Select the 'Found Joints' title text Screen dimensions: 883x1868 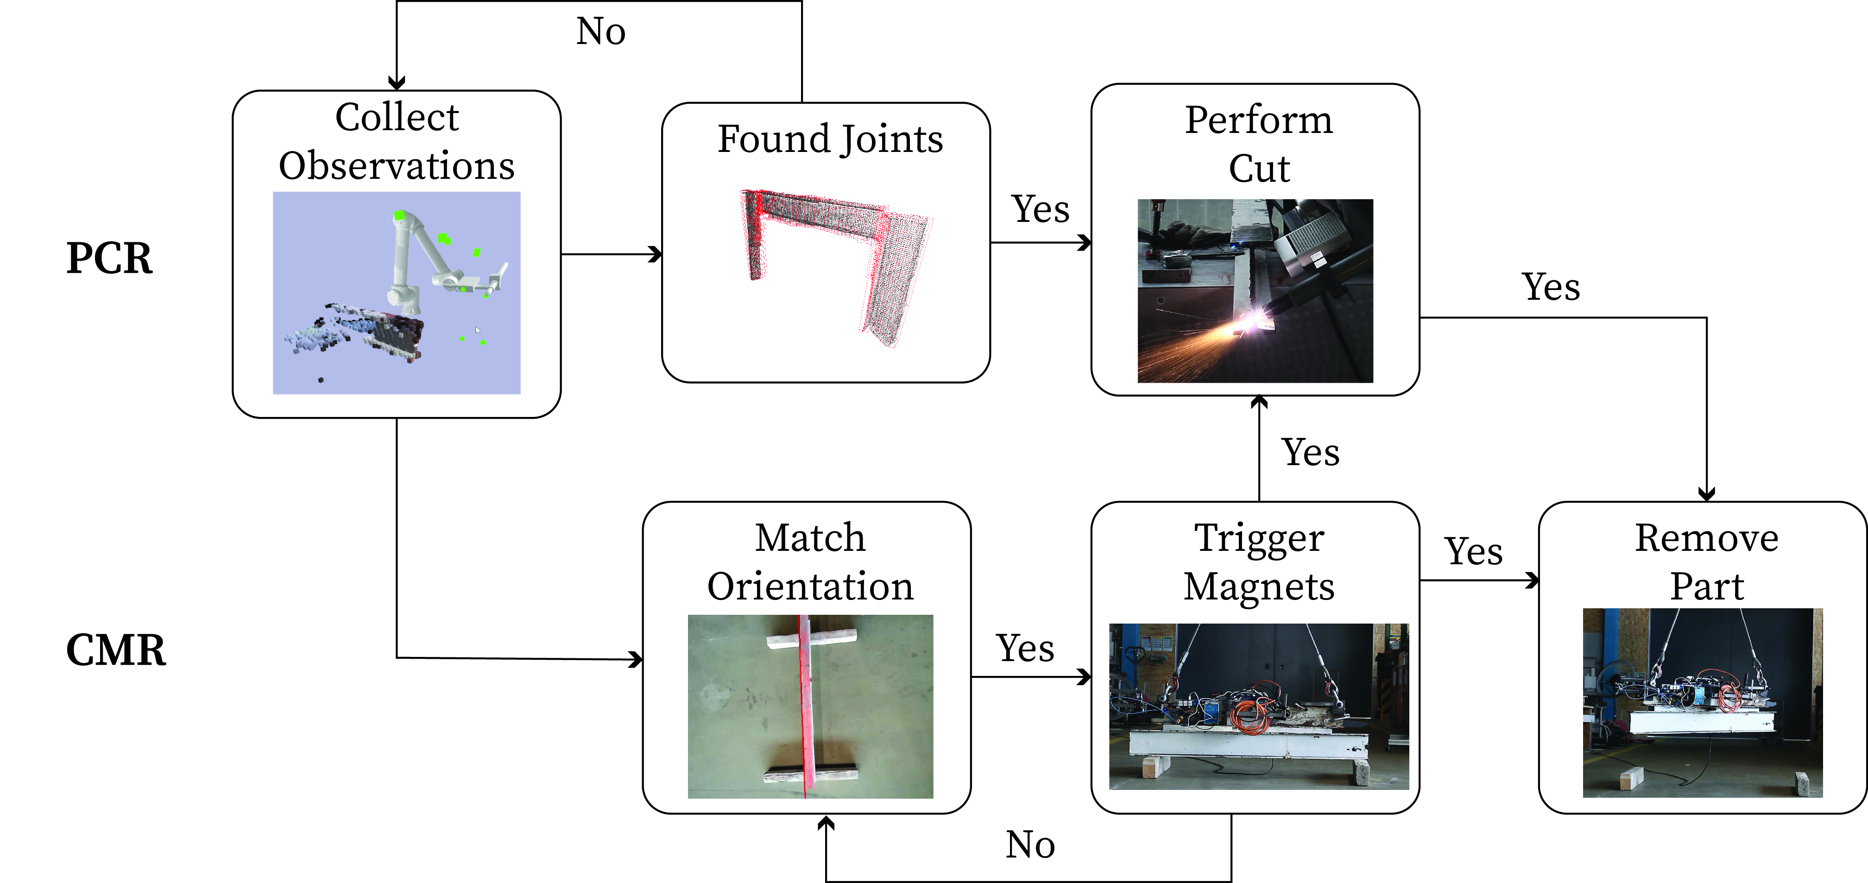pos(830,139)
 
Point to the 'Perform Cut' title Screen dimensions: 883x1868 pos(1259,144)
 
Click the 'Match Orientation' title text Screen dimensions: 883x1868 pos(810,562)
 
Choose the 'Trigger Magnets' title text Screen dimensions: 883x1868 pos(1259,562)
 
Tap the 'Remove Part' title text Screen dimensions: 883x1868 pos(1706,562)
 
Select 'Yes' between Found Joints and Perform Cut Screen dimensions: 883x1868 pos(1040,209)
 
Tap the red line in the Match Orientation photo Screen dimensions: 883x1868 pos(803,707)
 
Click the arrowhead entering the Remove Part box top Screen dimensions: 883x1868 pos(1706,494)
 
